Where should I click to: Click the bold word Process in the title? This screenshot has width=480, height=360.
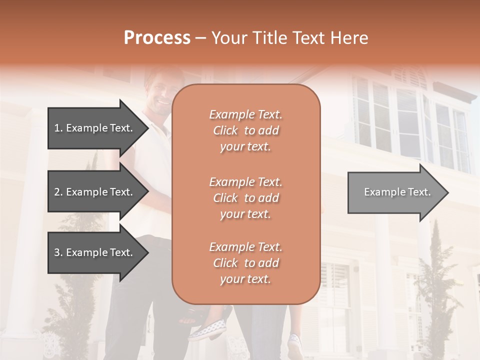tap(157, 38)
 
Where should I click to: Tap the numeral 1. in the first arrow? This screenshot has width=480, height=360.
tap(58, 128)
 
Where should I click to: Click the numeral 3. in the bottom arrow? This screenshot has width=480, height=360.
tap(58, 252)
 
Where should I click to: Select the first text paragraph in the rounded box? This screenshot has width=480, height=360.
tap(245, 130)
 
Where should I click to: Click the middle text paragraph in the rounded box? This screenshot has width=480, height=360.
tap(245, 198)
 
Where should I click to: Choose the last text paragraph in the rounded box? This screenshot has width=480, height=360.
tap(245, 263)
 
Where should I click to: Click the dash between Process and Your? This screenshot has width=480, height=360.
tap(201, 38)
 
